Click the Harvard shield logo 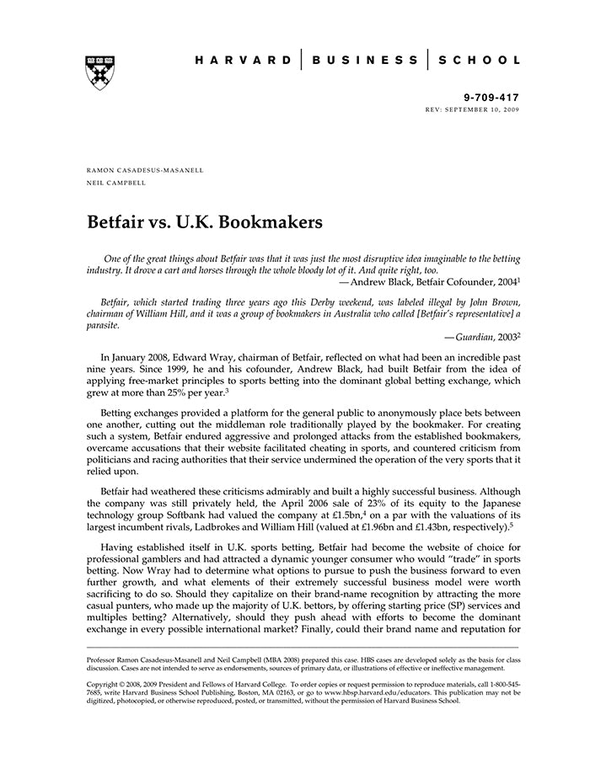point(100,72)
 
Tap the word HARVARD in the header point(240,61)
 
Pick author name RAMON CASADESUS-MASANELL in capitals point(145,170)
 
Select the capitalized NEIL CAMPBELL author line point(115,182)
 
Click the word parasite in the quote point(104,323)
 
